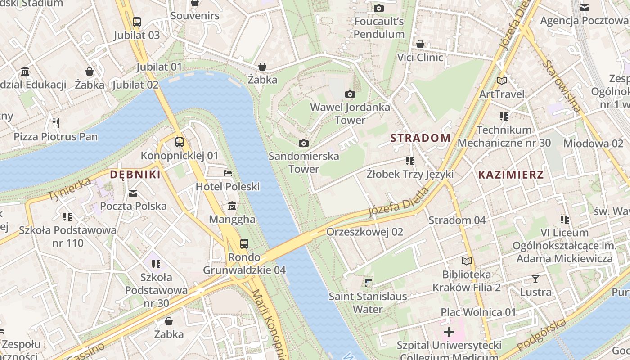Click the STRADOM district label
pos(421,138)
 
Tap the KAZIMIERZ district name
pos(511,175)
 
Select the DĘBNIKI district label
pos(135,175)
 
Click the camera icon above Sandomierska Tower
pos(304,143)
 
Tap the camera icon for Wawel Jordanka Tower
pos(350,94)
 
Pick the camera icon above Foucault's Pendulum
pos(379,8)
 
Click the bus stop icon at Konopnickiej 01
pos(180,142)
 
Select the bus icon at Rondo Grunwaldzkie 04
pos(244,244)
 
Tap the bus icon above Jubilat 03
pos(136,22)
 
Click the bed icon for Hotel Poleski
pos(228,173)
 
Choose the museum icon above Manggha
pos(232,206)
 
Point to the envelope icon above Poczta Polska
pos(133,193)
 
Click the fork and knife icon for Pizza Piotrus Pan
pos(56,123)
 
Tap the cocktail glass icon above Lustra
pos(535,279)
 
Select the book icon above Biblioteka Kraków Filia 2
pos(467,261)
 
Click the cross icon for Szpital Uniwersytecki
pos(449,333)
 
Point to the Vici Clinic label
pos(420,58)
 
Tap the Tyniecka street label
pos(69,189)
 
